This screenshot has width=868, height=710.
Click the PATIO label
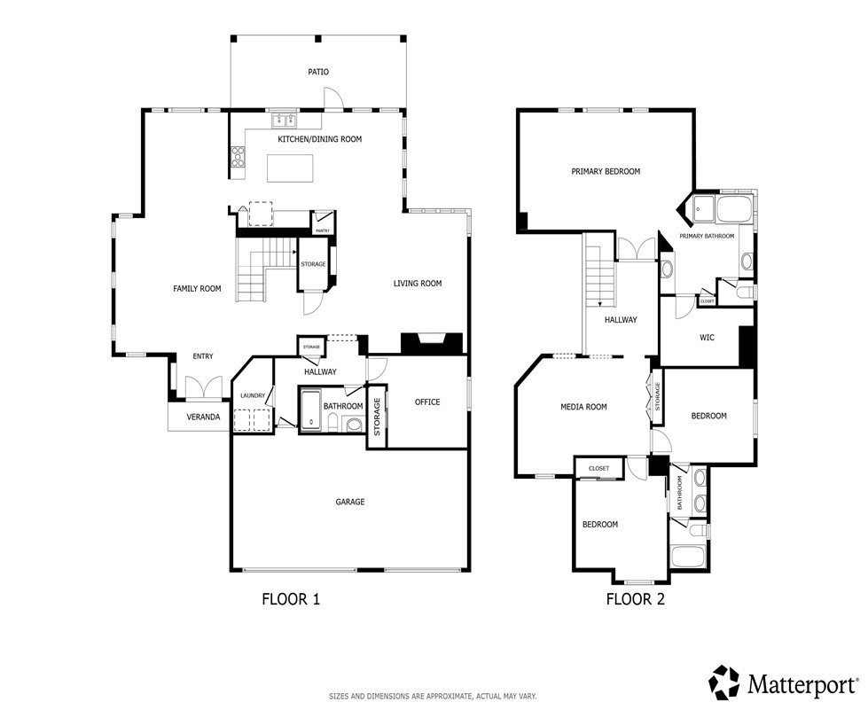[x=317, y=72]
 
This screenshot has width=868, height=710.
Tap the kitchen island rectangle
[x=290, y=168]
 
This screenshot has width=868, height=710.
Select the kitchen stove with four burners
[x=238, y=155]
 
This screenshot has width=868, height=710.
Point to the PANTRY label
[x=322, y=230]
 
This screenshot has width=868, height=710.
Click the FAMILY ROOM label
[x=197, y=288]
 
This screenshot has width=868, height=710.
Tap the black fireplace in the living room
[x=431, y=343]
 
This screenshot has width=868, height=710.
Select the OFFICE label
[x=427, y=402]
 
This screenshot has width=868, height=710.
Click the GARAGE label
[x=350, y=502]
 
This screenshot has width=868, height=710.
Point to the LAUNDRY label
[x=253, y=395]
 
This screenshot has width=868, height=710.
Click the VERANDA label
[x=203, y=417]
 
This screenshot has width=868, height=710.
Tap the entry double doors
[x=204, y=386]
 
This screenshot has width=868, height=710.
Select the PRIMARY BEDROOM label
[x=606, y=172]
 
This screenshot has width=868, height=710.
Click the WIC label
[x=707, y=337]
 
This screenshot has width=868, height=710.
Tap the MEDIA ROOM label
[x=583, y=407]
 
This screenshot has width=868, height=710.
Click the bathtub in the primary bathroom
[x=733, y=209]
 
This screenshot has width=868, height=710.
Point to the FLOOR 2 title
[x=636, y=599]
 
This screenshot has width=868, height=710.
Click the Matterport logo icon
[x=725, y=683]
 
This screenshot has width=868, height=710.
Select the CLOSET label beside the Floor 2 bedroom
[x=598, y=468]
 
